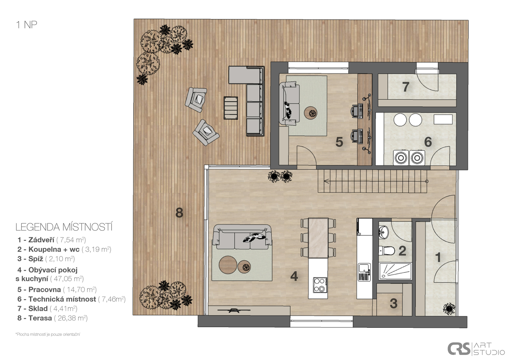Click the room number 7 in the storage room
coord(405,87)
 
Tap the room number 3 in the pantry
coord(394,303)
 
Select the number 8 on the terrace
coord(179,213)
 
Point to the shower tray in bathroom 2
coord(395,271)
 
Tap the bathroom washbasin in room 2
coord(383,232)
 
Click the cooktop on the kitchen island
coord(320,285)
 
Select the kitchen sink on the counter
coord(364,272)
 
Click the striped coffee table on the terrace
coord(231,108)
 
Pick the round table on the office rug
coord(311,113)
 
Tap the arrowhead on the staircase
coord(326,181)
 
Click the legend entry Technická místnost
coord(62,299)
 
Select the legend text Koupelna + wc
coord(54,249)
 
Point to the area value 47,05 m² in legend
coord(67,278)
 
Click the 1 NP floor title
coord(26,25)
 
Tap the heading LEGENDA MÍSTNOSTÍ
coord(64,227)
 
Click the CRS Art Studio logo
coord(476,349)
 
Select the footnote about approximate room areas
coord(48,334)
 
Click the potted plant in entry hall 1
coord(449,309)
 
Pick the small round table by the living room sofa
coord(244,267)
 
